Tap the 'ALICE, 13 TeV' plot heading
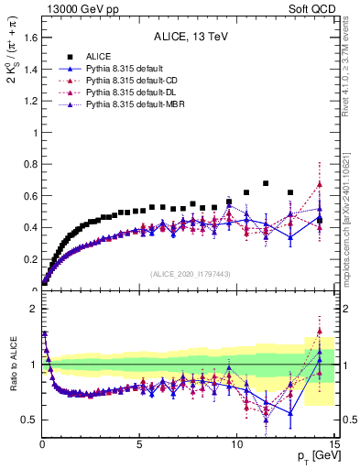coord(190,37)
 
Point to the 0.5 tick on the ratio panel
coord(29,420)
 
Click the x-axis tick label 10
coord(237,444)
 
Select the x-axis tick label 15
coord(333,444)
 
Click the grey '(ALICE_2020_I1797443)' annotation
coord(190,274)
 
